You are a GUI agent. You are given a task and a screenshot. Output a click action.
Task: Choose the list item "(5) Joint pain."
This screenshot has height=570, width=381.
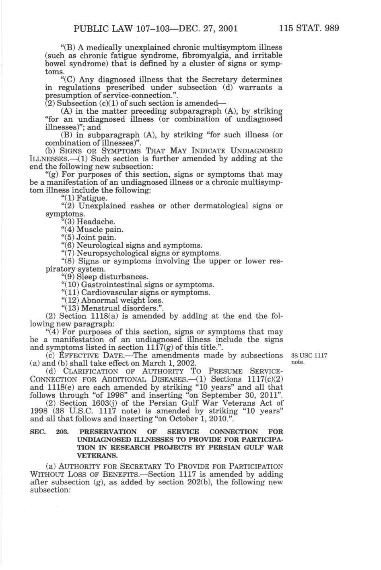(88, 237)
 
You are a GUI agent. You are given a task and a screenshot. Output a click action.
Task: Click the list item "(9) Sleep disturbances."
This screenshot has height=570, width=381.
(104, 277)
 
